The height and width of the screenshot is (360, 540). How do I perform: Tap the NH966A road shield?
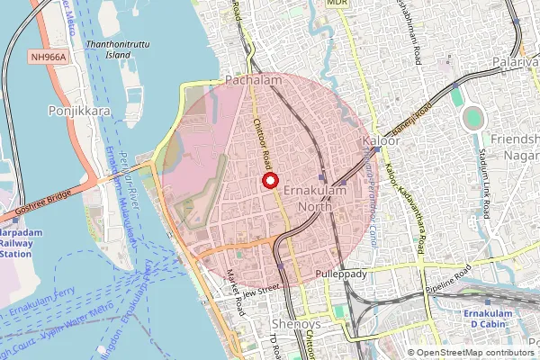(46, 56)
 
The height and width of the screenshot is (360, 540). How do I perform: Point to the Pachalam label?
(253, 81)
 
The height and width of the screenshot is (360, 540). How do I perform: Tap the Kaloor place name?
(380, 143)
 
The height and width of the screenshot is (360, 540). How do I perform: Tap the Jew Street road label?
(261, 289)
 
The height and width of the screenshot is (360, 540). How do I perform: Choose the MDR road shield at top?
(337, 4)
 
